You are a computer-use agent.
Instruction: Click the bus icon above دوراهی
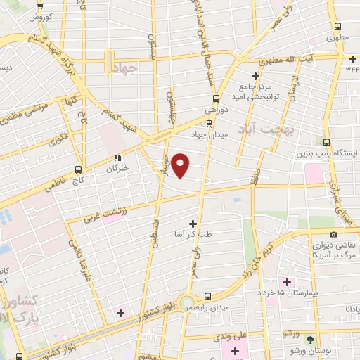pyautogui.click(x=216, y=98)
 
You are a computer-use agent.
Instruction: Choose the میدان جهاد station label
pyautogui.click(x=209, y=134)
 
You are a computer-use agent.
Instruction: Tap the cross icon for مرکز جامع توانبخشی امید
pyautogui.click(x=255, y=75)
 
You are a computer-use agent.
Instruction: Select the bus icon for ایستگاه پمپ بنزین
pyautogui.click(x=326, y=141)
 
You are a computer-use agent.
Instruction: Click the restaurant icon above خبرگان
pyautogui.click(x=118, y=158)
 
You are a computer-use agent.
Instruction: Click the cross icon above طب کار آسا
pyautogui.click(x=193, y=223)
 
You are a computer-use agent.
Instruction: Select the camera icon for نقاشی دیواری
pyautogui.click(x=333, y=234)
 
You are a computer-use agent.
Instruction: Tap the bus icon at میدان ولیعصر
pyautogui.click(x=207, y=296)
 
